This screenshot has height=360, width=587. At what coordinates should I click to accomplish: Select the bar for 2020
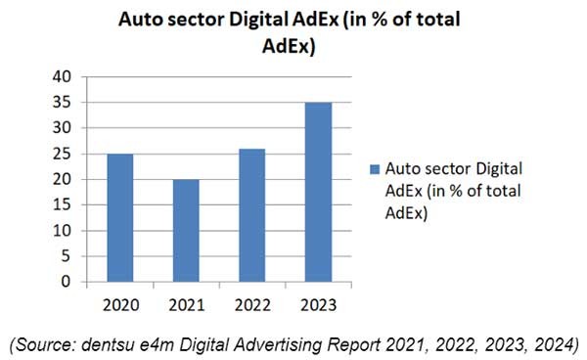[119, 217]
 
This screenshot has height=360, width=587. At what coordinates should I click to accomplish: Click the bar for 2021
[185, 230]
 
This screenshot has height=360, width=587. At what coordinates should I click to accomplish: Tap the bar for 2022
[250, 214]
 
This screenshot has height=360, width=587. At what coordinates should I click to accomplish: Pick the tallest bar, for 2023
[315, 192]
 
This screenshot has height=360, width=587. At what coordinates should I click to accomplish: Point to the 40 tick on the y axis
[63, 76]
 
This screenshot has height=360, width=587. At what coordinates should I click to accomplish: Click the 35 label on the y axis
[63, 102]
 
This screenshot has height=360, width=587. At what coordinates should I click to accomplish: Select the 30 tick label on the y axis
[63, 128]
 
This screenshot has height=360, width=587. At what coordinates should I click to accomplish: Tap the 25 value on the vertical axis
[63, 154]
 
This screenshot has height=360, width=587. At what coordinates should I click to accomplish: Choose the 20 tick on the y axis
[63, 179]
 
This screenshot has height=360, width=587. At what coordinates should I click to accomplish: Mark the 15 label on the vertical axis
[63, 205]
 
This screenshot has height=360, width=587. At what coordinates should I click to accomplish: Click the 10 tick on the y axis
[63, 231]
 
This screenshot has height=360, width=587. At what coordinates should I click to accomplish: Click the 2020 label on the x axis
[119, 304]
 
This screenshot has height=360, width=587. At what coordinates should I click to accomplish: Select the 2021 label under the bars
[185, 304]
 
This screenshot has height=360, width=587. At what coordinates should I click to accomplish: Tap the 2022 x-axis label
[250, 304]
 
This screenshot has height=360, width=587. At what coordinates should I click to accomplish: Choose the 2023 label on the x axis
[315, 304]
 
